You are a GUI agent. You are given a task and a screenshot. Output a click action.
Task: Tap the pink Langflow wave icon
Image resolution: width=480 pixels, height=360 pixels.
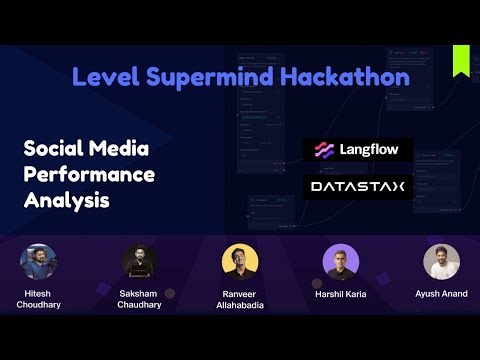tap(323, 150)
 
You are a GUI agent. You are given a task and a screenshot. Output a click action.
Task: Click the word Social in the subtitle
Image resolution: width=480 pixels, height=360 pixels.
tap(55, 149)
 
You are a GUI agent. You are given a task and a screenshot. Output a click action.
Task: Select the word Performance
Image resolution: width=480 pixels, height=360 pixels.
tap(89, 174)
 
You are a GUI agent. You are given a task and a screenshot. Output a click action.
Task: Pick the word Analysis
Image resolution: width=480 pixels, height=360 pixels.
tap(66, 200)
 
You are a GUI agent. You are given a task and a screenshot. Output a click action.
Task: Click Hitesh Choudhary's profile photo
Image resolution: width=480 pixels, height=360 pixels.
tap(38, 263)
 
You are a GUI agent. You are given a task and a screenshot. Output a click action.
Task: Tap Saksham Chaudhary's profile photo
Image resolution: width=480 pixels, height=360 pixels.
tap(139, 263)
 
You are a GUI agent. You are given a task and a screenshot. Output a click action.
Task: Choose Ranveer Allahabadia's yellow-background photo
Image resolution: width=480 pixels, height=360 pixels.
tap(240, 263)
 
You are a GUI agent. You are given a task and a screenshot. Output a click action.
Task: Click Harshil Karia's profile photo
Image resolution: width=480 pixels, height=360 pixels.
tap(341, 263)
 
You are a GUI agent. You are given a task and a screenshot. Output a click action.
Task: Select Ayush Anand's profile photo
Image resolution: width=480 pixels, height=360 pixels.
tap(441, 262)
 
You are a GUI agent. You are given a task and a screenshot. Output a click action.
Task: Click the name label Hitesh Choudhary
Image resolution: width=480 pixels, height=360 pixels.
tap(38, 298)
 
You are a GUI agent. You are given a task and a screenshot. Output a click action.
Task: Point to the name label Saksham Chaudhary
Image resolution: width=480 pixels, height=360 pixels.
tap(139, 298)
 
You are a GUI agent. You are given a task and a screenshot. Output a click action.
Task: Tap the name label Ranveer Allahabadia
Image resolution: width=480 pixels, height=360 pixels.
tap(240, 299)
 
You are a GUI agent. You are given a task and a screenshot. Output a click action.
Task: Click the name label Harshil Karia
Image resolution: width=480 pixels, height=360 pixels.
tap(341, 294)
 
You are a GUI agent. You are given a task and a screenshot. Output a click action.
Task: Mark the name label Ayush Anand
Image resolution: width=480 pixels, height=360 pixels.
tap(441, 294)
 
